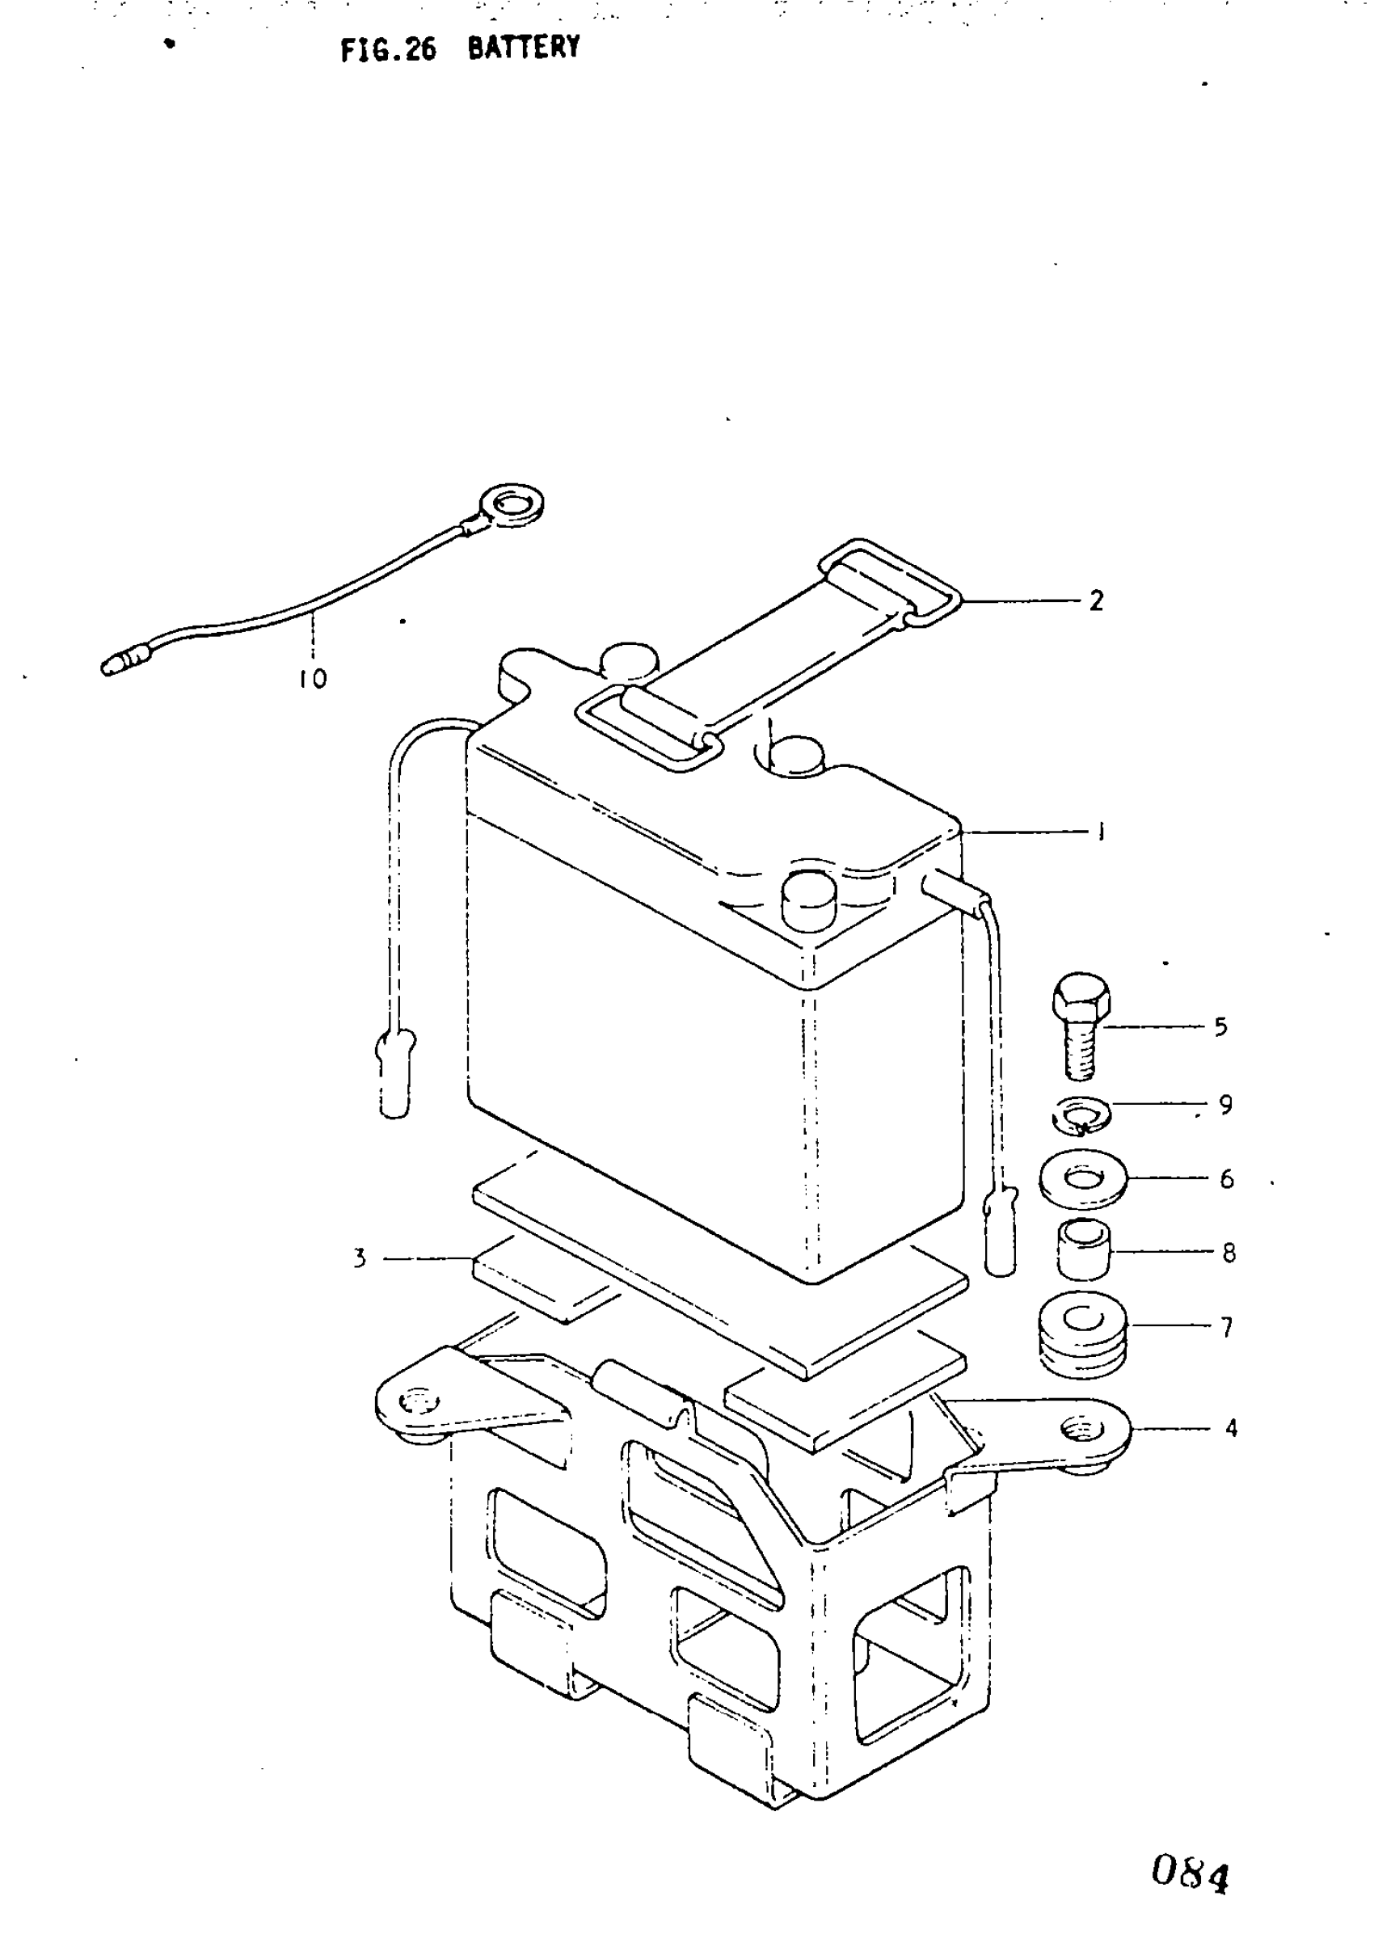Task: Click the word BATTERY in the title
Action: coord(524,48)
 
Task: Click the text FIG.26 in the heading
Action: coord(388,50)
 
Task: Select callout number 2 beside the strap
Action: coord(1096,600)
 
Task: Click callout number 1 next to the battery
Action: coord(1100,832)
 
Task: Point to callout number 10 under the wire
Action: coord(312,679)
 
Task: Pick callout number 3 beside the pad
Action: coord(360,1258)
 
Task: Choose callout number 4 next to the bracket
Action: coord(1231,1428)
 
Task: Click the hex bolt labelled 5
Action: coord(1081,1026)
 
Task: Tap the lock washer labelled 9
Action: coord(1081,1116)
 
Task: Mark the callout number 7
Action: coord(1227,1326)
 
